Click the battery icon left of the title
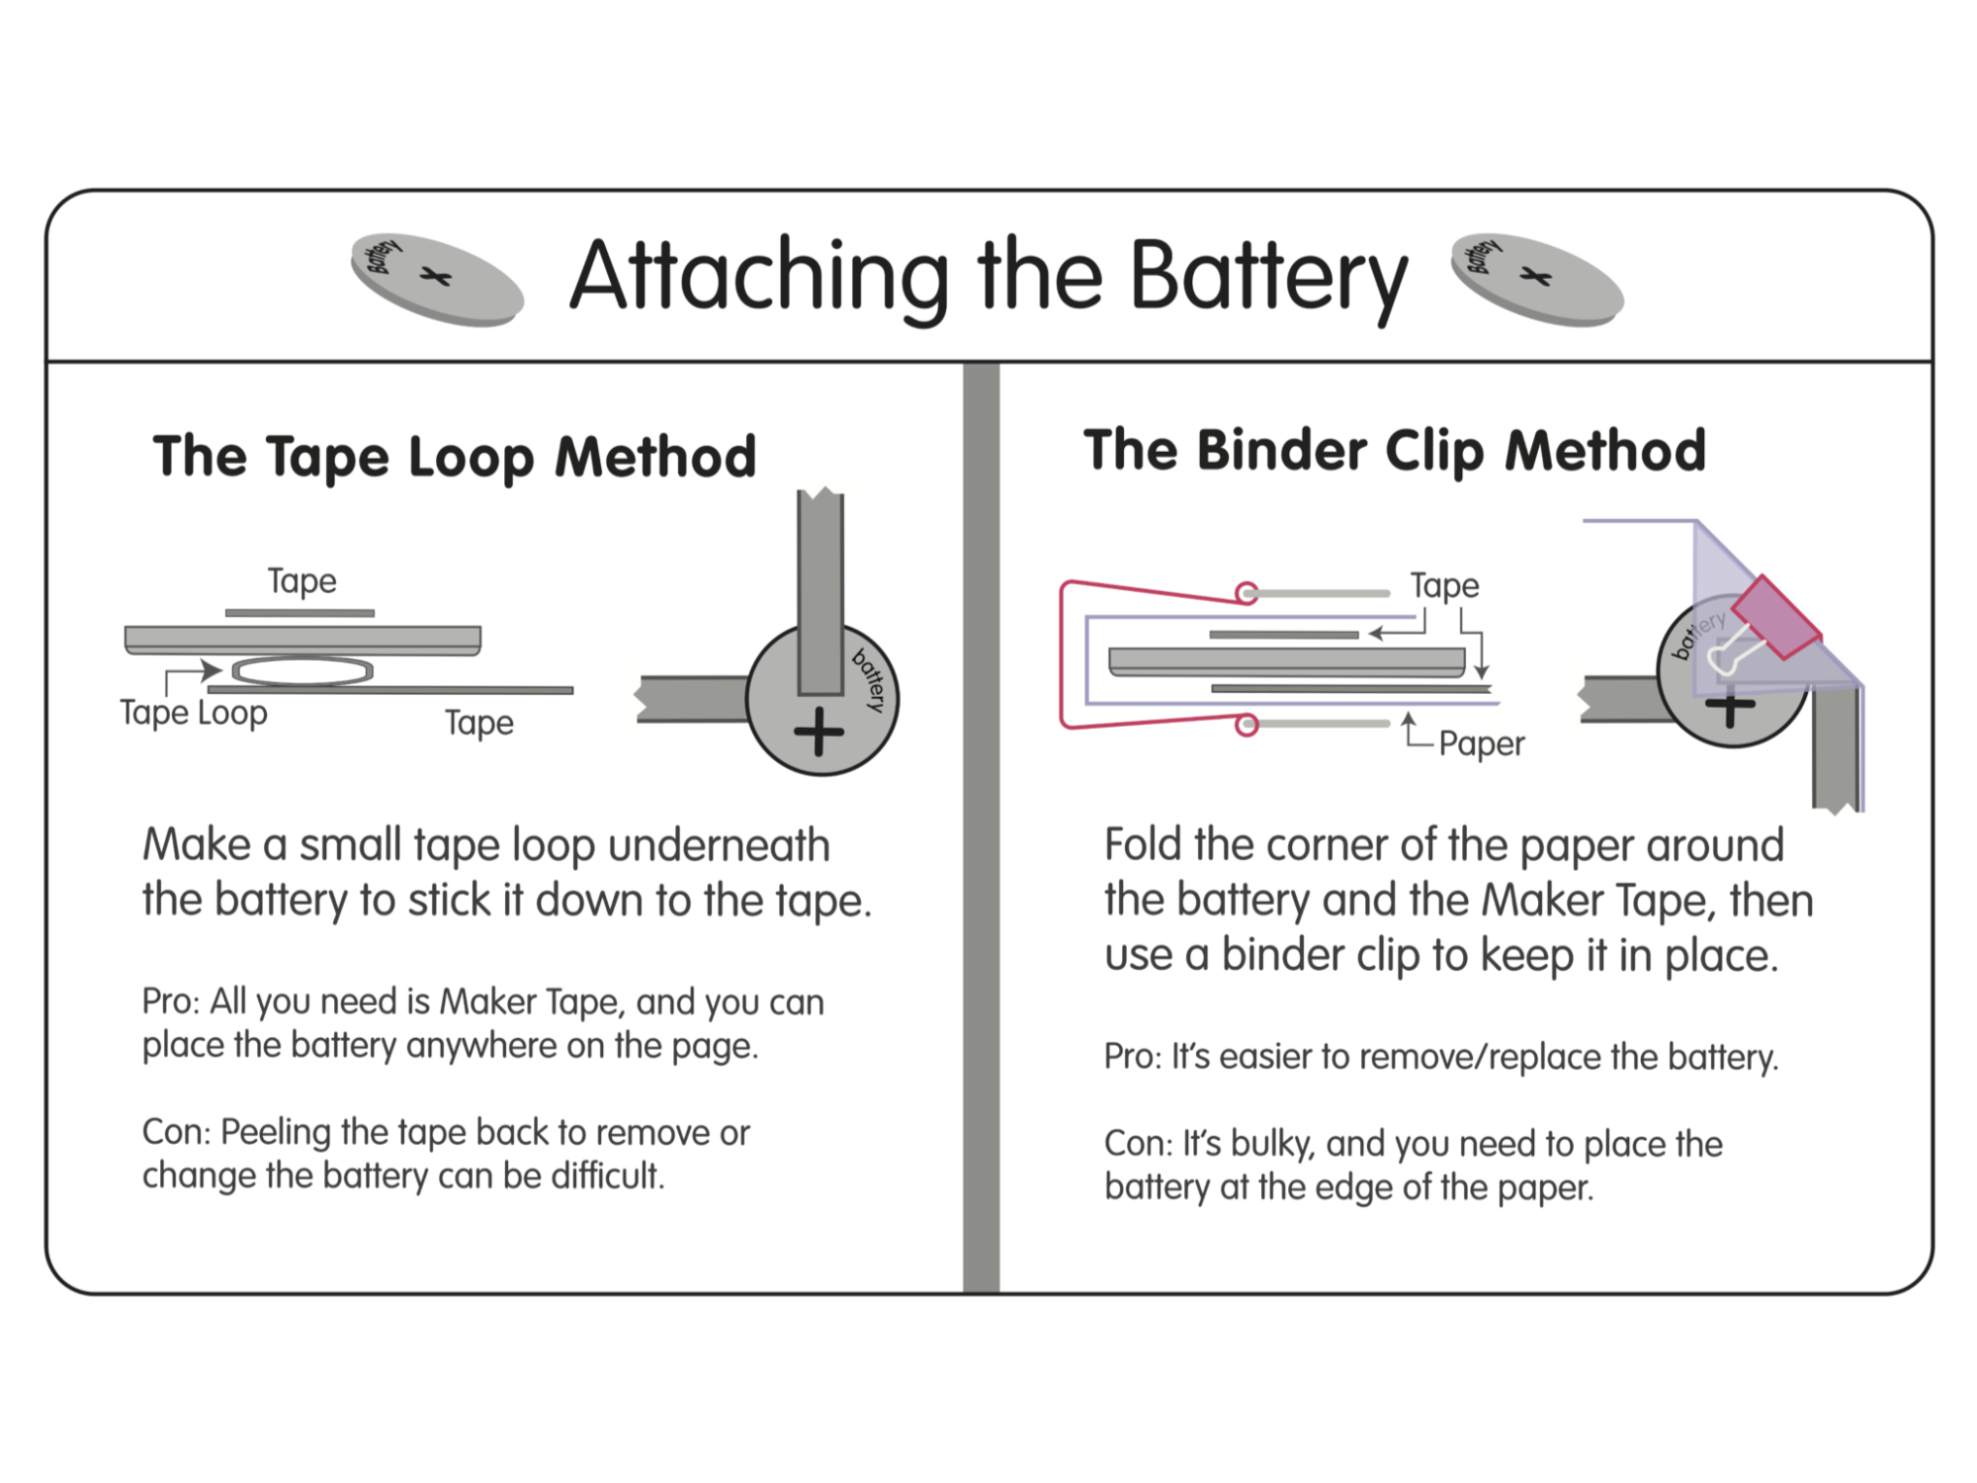(437, 279)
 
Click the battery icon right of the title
(1537, 279)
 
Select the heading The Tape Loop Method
(455, 457)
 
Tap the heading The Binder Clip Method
(1395, 451)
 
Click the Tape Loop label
(194, 713)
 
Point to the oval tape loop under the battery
(302, 672)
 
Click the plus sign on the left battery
(818, 733)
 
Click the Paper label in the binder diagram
(1481, 743)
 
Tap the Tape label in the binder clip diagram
(1444, 585)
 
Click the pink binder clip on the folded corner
(1776, 617)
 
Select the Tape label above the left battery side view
(302, 581)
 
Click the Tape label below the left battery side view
(479, 723)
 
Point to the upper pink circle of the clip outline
(1247, 593)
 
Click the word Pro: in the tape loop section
(171, 1002)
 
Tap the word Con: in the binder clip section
(1137, 1144)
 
